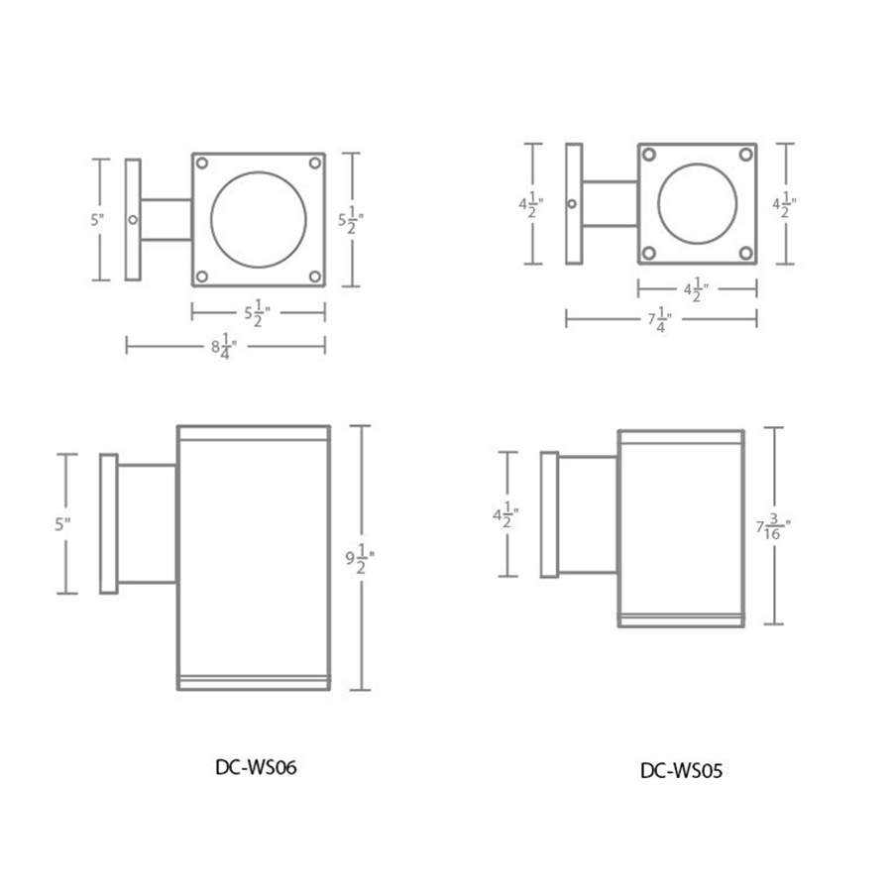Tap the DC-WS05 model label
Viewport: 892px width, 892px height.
pyautogui.click(x=681, y=770)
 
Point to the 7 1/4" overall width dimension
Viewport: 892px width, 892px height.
pyautogui.click(x=660, y=319)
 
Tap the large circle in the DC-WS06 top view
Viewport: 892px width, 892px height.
pyautogui.click(x=259, y=219)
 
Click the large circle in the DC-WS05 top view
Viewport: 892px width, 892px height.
pyautogui.click(x=697, y=203)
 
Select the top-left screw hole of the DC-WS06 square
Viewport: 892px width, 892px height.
pyautogui.click(x=201, y=162)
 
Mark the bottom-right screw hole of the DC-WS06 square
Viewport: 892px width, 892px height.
pyautogui.click(x=315, y=277)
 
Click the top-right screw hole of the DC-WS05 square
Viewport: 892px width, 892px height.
pyautogui.click(x=746, y=155)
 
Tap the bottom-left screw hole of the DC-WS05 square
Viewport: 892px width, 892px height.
pyautogui.click(x=648, y=253)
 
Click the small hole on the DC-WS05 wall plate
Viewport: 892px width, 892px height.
pyautogui.click(x=572, y=204)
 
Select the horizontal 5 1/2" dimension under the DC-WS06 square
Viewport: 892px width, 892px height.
pyautogui.click(x=259, y=313)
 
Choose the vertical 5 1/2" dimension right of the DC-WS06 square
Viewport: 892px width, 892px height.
pyautogui.click(x=349, y=219)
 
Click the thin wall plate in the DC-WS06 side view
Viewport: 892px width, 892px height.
pyautogui.click(x=109, y=523)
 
